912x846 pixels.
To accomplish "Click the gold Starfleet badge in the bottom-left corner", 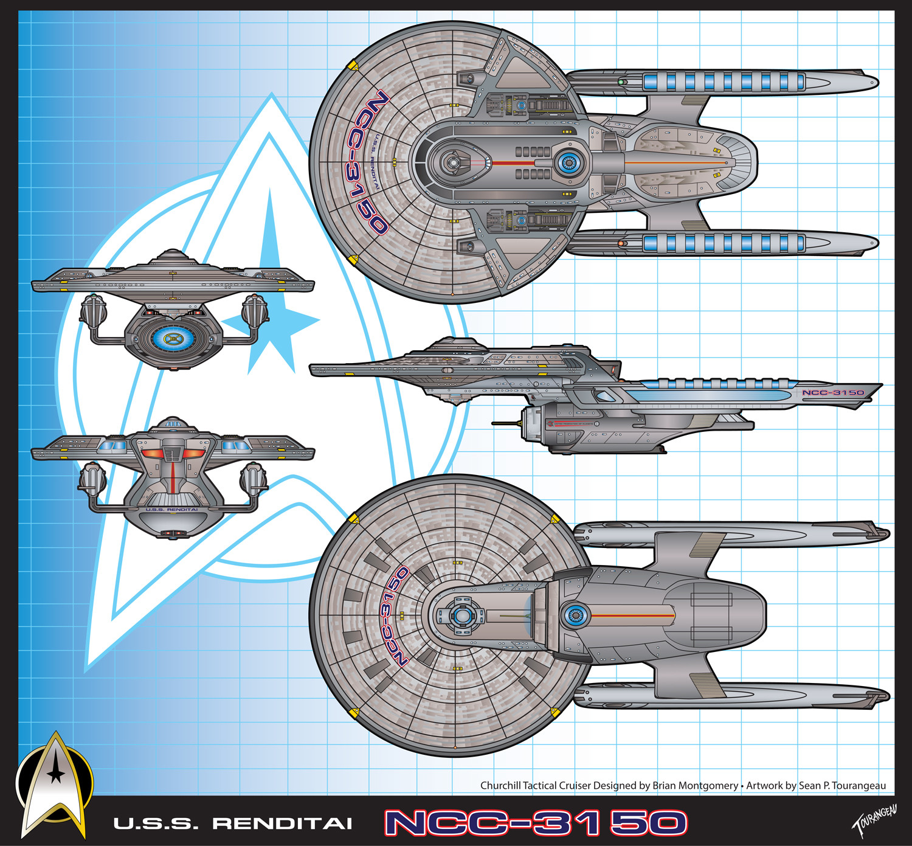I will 55,785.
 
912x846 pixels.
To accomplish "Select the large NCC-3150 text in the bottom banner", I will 536,823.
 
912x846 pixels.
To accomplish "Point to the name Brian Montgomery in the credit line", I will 696,786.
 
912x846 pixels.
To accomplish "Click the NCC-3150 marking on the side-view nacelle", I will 833,393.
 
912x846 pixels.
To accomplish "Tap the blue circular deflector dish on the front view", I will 173,338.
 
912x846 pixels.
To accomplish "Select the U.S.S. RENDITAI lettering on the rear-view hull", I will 172,510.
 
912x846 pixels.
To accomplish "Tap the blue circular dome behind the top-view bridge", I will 568,162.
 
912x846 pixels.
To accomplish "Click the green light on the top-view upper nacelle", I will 621,81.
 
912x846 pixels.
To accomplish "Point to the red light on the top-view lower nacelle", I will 621,243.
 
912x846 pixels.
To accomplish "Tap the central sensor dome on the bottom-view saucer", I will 462,616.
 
